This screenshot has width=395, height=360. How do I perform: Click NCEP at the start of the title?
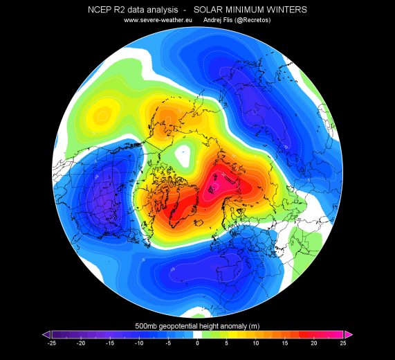(102, 10)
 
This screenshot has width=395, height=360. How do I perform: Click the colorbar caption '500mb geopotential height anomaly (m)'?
(197, 325)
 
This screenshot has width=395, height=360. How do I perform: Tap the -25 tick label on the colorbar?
(51, 343)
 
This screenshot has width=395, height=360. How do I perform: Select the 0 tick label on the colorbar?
(197, 343)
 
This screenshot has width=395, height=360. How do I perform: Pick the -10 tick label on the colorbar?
(139, 343)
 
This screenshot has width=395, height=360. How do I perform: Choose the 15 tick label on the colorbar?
(285, 343)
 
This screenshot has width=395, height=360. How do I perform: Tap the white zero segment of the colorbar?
(197, 334)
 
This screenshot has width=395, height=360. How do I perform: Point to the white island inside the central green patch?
(184, 156)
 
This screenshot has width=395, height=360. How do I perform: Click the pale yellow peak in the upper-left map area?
(104, 112)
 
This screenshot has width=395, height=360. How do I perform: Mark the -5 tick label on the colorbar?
(168, 343)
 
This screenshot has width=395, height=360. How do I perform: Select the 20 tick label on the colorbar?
(314, 343)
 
